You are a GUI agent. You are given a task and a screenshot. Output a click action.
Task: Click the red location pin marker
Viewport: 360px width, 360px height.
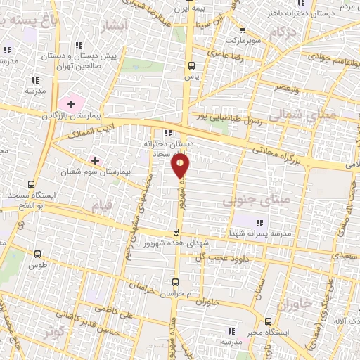point(181,165)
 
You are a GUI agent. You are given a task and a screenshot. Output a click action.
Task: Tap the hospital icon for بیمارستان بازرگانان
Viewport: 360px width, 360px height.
point(71,104)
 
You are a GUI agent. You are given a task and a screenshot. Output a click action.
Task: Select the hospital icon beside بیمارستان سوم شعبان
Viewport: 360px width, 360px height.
point(91,161)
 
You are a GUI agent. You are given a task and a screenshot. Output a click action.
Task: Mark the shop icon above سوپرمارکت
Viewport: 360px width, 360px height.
point(243,30)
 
